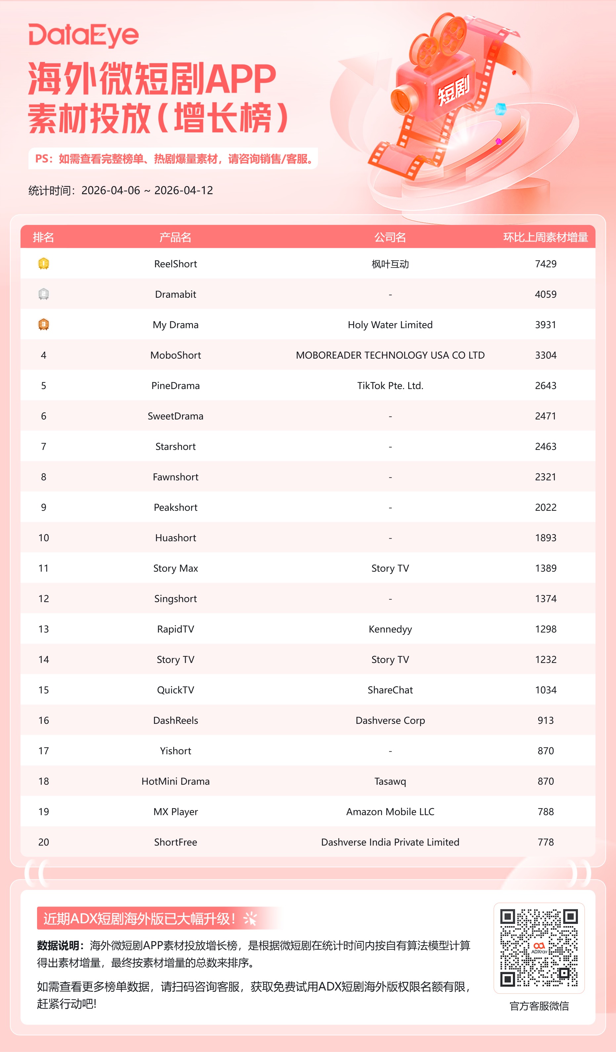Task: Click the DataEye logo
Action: click(x=83, y=35)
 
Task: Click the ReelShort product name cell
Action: click(x=175, y=264)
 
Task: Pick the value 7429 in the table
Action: click(x=546, y=264)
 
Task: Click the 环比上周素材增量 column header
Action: click(x=546, y=237)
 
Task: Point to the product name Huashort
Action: click(x=175, y=538)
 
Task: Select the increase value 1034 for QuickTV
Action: click(x=546, y=690)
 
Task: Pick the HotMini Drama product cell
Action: click(x=175, y=781)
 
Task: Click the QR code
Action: click(x=539, y=948)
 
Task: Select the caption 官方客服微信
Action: click(x=539, y=1006)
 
